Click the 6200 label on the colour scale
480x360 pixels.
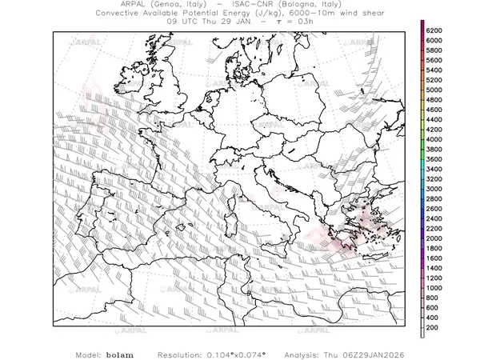point(434,30)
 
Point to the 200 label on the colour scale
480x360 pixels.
point(433,327)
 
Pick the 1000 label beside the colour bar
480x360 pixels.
point(434,287)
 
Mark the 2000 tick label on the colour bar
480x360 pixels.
point(434,238)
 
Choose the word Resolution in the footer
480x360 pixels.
point(178,354)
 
